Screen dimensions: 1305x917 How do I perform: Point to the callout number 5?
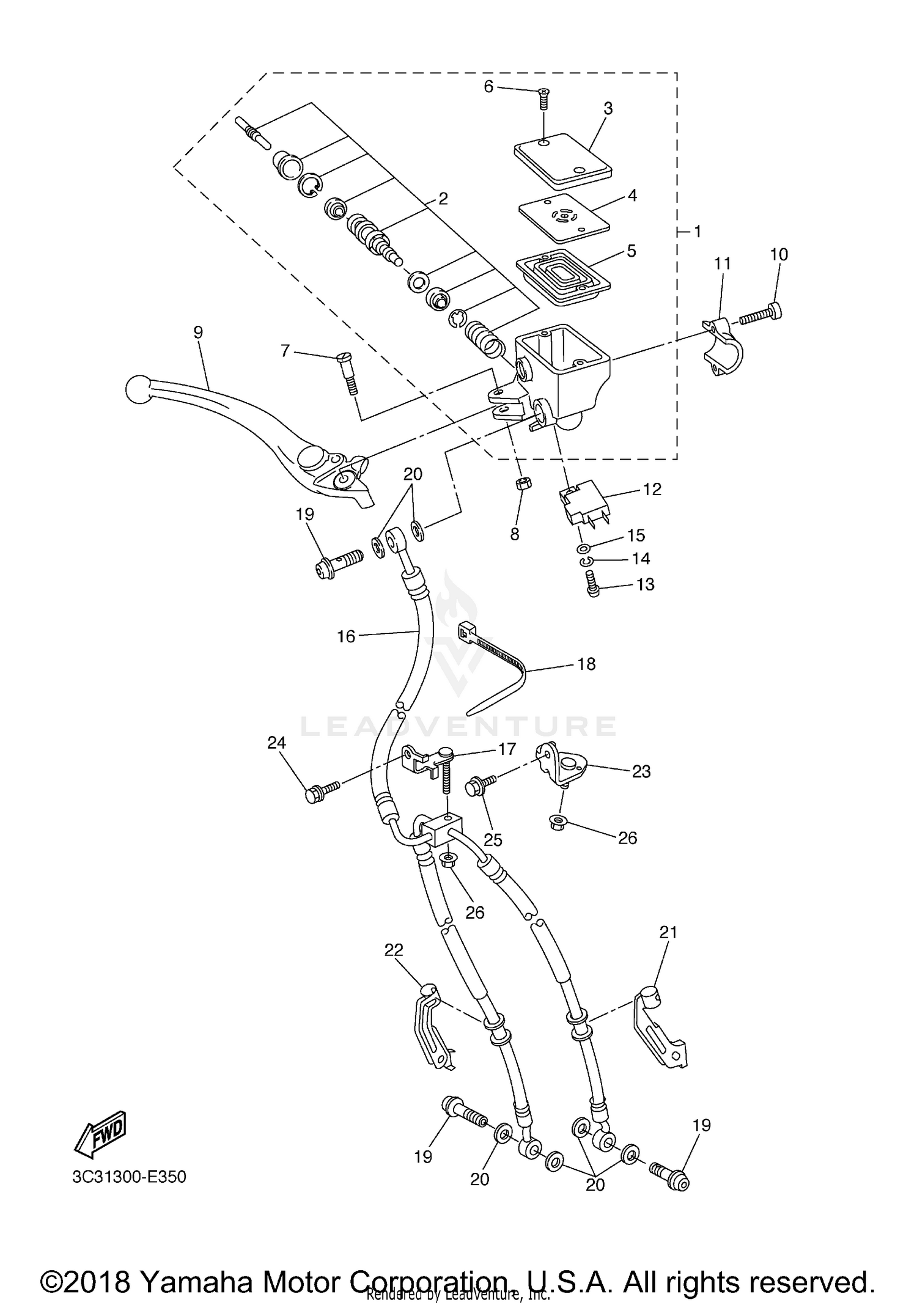pos(631,251)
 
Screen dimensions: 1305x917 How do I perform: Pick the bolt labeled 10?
pos(762,314)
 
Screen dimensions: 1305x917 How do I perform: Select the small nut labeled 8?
pos(523,485)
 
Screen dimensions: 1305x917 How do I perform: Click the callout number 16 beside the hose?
pos(345,636)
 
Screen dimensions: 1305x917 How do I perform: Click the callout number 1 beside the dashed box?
pos(698,232)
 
